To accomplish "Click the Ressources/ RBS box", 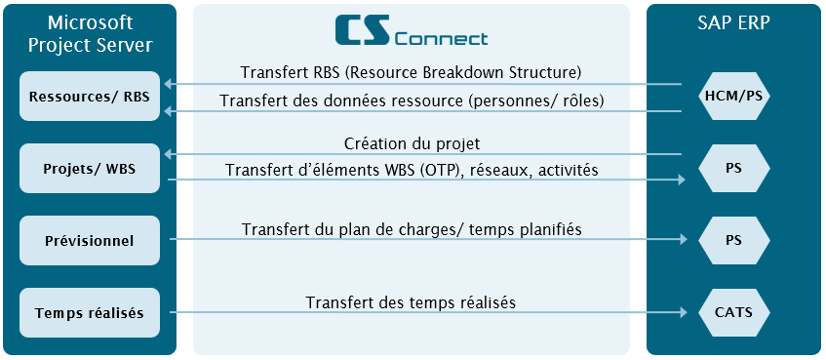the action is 90,96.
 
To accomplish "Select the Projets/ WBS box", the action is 90,168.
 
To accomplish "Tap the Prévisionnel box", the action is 90,240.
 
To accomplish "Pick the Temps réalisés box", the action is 90,312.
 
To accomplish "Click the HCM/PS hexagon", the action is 733,96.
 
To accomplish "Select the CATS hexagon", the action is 733,312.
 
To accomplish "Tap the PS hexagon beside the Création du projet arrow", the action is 733,168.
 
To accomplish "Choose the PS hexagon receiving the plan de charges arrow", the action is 733,240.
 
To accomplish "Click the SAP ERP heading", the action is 733,23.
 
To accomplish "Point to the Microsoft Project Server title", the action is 90,34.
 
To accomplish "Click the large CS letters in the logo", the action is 363,29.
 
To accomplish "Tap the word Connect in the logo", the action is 441,39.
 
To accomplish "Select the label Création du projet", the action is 412,143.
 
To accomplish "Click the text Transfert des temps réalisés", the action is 411,302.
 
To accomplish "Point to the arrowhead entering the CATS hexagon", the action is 684,312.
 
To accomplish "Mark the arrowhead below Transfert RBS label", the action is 168,84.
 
